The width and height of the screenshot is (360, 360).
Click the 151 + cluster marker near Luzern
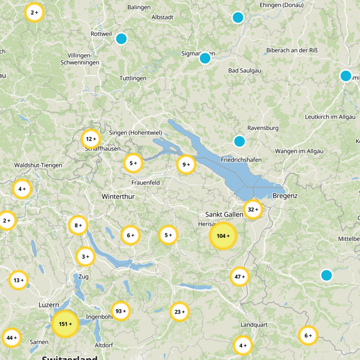[65, 324]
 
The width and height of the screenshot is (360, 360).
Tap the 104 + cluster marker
[223, 236]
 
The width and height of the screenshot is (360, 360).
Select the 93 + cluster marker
[121, 311]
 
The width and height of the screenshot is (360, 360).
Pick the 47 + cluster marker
[239, 277]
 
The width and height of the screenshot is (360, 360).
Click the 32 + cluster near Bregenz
[253, 209]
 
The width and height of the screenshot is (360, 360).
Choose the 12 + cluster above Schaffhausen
[91, 139]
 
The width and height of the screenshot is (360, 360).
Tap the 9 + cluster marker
[186, 165]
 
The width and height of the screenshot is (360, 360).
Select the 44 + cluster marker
[12, 337]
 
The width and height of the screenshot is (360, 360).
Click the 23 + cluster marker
[180, 311]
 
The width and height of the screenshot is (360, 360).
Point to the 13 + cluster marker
[18, 280]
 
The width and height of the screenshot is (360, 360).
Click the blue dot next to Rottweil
[121, 39]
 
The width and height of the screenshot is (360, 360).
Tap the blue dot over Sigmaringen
[205, 58]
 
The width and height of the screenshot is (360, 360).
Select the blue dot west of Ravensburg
[239, 141]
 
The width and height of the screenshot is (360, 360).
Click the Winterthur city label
[118, 197]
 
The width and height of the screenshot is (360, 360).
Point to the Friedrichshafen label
[241, 160]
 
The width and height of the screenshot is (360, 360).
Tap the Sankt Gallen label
[224, 214]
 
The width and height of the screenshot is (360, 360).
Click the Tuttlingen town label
[133, 78]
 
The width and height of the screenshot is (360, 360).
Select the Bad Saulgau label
[245, 71]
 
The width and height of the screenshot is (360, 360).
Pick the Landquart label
[254, 324]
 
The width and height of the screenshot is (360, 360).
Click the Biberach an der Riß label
[295, 50]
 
